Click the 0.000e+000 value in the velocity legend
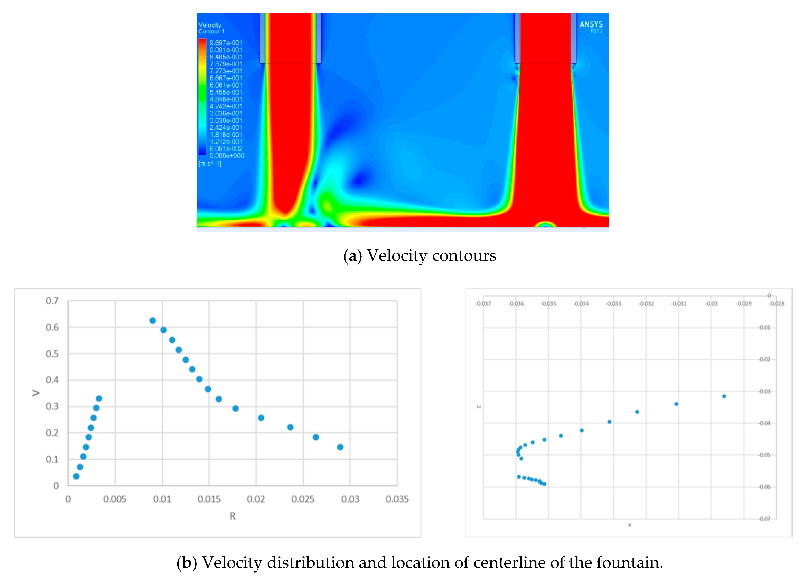[227, 156]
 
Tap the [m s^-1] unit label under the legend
[210, 164]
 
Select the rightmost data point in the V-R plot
[340, 447]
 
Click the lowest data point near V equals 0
[76, 476]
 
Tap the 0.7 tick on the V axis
[52, 301]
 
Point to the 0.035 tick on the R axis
[397, 499]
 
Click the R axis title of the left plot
[232, 516]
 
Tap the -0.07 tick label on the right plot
[765, 519]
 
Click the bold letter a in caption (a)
[352, 256]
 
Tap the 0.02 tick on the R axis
[256, 499]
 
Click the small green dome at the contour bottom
[545, 224]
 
